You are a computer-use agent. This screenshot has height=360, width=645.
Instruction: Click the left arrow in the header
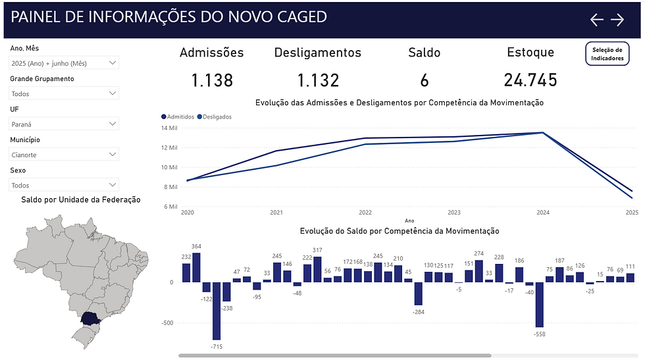[596, 20]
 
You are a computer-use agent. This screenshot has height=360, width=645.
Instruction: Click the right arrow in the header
[617, 20]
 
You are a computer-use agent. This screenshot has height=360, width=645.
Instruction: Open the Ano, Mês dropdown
[64, 63]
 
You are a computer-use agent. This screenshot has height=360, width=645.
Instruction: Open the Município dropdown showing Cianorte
[64, 155]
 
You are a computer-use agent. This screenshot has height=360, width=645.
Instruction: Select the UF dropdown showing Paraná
[64, 124]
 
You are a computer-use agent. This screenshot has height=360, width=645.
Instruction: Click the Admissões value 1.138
[212, 80]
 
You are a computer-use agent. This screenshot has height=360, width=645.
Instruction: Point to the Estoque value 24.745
[530, 80]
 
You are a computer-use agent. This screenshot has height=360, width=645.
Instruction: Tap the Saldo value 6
[425, 80]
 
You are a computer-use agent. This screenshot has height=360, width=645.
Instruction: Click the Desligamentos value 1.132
[318, 80]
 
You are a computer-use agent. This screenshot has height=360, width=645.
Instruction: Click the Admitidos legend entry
[178, 116]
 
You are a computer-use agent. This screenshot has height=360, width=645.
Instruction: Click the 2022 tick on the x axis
[365, 213]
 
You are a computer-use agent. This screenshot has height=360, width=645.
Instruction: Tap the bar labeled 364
[196, 267]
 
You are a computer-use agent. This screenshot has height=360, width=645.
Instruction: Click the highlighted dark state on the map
[88, 319]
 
